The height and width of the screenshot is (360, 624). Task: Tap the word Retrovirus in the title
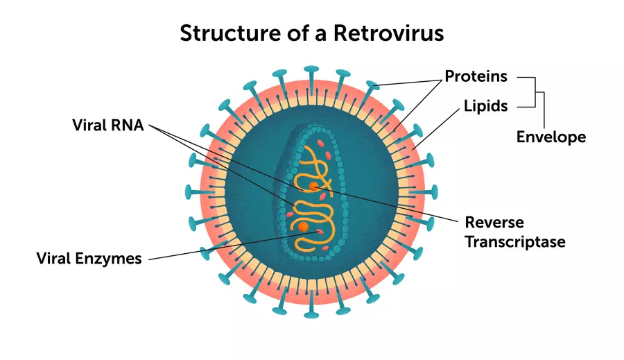click(389, 33)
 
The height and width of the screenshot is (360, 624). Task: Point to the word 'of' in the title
click(289, 33)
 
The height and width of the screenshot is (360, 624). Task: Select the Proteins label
click(476, 76)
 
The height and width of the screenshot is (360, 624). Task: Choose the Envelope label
click(551, 137)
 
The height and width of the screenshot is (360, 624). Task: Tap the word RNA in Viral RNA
click(126, 125)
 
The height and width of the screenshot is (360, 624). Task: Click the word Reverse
click(494, 223)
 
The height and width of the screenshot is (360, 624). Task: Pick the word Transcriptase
click(514, 242)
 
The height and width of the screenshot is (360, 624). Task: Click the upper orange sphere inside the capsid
click(314, 186)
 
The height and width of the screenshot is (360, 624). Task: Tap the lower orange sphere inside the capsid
click(303, 227)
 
